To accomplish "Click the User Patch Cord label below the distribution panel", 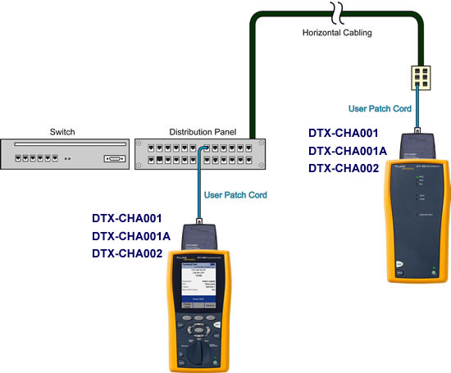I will coord(234,195).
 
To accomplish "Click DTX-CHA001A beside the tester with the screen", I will coord(131,236).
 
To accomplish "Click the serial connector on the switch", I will coord(113,158).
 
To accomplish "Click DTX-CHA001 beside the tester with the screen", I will coord(127,219).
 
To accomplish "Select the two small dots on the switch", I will coord(69,159).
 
